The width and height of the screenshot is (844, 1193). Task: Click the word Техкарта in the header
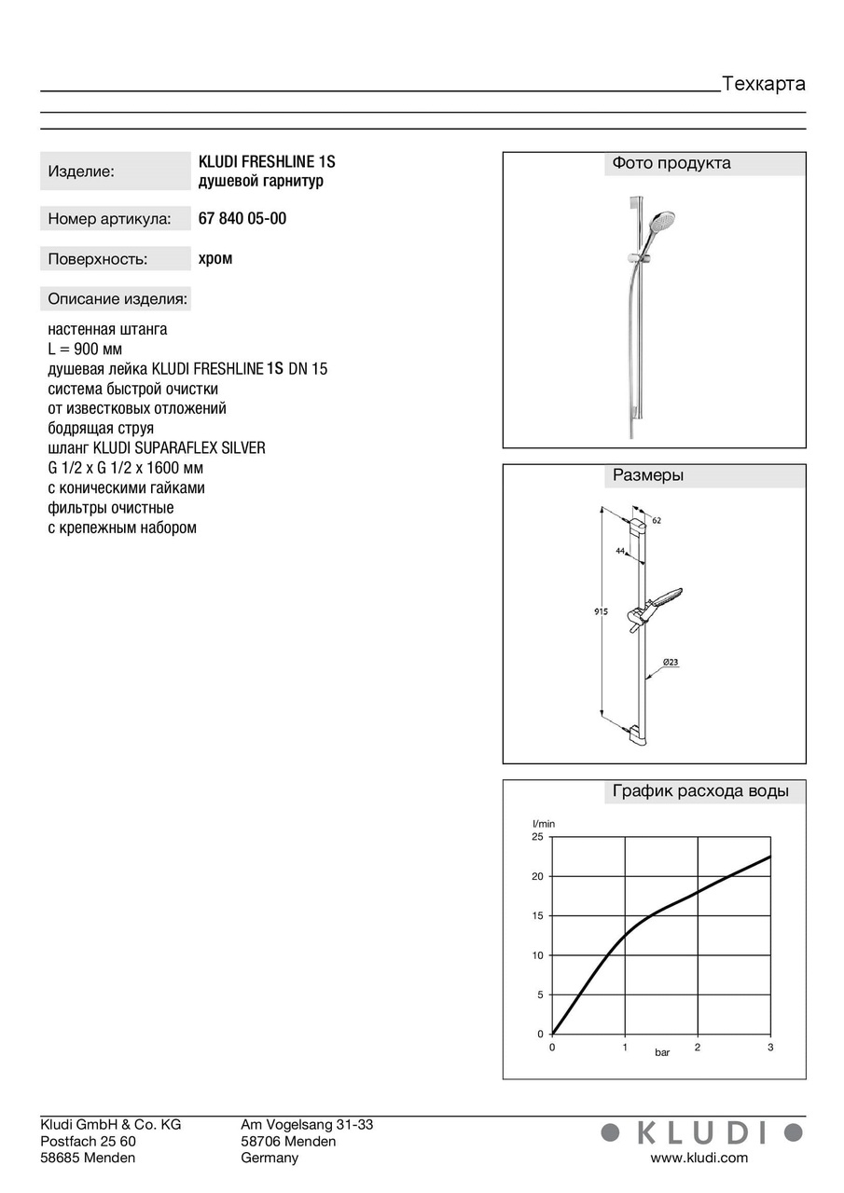[764, 84]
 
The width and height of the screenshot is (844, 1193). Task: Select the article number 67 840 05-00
[242, 219]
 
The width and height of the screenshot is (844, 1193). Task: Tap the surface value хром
[215, 259]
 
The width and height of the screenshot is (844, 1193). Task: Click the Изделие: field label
[81, 171]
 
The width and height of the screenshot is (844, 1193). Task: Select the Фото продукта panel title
[671, 164]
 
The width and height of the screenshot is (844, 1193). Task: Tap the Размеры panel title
[648, 475]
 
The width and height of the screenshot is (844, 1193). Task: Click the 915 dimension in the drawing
[601, 612]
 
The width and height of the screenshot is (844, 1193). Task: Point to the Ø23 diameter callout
[671, 663]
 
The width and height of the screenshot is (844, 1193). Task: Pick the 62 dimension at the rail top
[657, 520]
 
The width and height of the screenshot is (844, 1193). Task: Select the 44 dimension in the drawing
[620, 551]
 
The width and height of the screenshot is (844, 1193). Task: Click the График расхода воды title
[700, 792]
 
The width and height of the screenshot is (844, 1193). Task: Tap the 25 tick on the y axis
[537, 837]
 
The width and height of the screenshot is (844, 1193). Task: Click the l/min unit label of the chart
[544, 824]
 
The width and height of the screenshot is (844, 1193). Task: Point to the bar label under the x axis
[662, 1052]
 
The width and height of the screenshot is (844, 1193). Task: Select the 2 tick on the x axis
[697, 1048]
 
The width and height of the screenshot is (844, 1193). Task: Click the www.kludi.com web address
[699, 1159]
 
